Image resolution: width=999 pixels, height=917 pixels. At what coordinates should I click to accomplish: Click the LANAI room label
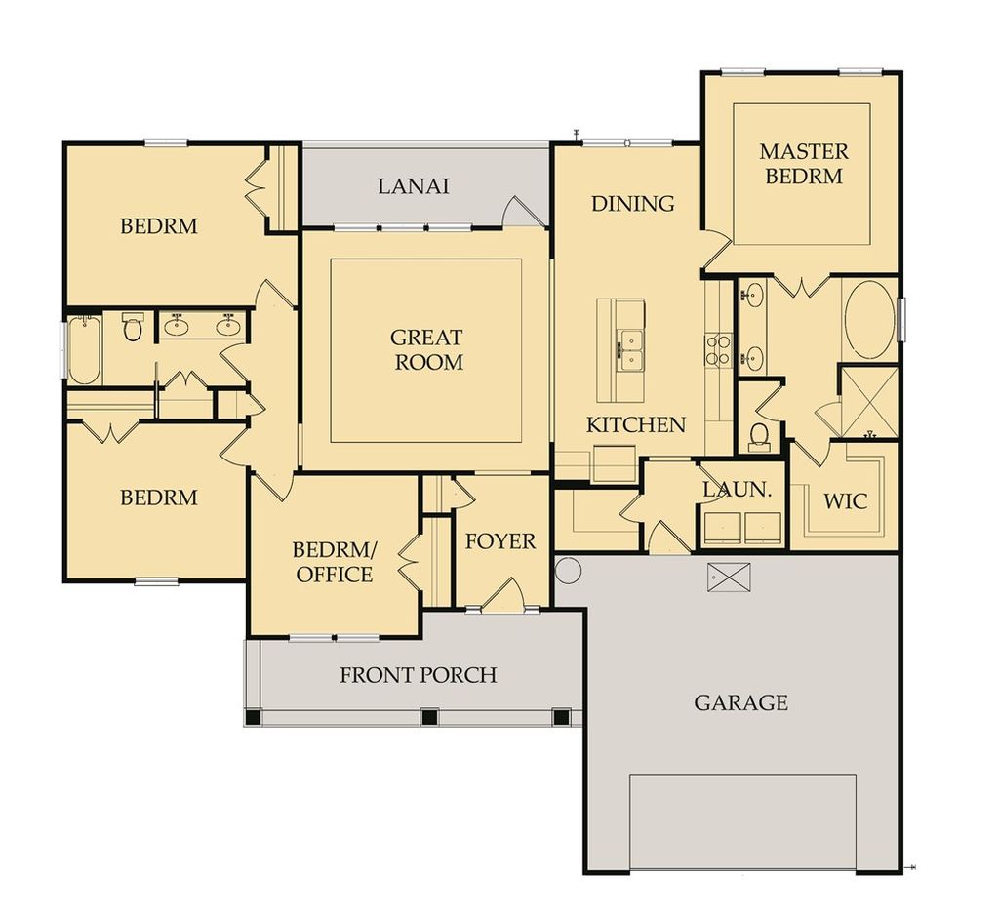pos(414,185)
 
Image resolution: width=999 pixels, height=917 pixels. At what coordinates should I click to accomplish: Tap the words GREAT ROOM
pos(426,349)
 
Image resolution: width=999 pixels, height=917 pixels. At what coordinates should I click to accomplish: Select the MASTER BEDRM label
pos(804,163)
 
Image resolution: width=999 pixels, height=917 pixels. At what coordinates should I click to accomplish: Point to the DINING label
pos(633,203)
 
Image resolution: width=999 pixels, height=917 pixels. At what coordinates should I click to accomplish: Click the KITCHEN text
pos(636,424)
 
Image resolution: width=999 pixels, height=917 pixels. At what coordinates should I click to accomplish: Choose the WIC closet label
pos(845,501)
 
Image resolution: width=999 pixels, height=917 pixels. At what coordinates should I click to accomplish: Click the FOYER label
pos(499,540)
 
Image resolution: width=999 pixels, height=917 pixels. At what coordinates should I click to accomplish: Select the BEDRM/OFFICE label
pos(333,562)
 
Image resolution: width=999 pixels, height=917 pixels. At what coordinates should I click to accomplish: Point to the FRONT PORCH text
pos(418,674)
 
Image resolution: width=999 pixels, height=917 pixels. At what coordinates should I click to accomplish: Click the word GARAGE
pos(740,701)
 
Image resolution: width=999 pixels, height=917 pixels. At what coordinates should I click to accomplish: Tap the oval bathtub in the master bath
pos(868,320)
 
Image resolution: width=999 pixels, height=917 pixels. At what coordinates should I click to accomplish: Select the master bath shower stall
pos(868,401)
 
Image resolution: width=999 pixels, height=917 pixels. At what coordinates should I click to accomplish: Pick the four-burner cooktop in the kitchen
pos(718,349)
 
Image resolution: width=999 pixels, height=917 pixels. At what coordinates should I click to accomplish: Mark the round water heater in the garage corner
pos(568,570)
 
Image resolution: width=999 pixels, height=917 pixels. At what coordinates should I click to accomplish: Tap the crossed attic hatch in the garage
pos(728,577)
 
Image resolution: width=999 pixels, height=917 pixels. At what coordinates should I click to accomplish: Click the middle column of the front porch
pos(428,717)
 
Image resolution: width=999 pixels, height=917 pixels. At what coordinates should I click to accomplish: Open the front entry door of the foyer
pos(503,597)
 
